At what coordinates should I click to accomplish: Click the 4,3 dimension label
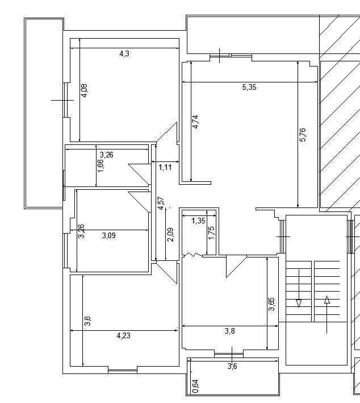(124, 54)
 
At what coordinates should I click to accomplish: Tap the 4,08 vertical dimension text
(84, 90)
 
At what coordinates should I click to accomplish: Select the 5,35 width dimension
(249, 87)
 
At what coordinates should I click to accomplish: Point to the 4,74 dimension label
(195, 122)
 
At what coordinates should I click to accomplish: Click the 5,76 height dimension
(303, 135)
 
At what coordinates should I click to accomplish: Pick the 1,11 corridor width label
(165, 167)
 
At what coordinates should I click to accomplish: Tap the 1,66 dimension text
(101, 166)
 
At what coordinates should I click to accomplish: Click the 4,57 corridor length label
(161, 203)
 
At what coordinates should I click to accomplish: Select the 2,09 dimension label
(170, 235)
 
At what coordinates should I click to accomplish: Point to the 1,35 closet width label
(199, 221)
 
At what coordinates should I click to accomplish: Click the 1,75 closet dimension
(211, 233)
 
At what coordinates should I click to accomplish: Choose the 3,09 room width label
(109, 235)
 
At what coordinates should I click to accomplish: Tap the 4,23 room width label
(124, 335)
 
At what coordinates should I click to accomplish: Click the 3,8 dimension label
(230, 331)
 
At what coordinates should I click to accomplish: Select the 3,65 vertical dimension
(271, 304)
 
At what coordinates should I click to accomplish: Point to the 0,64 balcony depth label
(195, 387)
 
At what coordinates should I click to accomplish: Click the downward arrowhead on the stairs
(299, 304)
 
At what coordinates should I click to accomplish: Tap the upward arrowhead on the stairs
(326, 300)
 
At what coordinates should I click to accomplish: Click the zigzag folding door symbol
(192, 255)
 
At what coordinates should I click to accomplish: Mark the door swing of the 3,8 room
(236, 267)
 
